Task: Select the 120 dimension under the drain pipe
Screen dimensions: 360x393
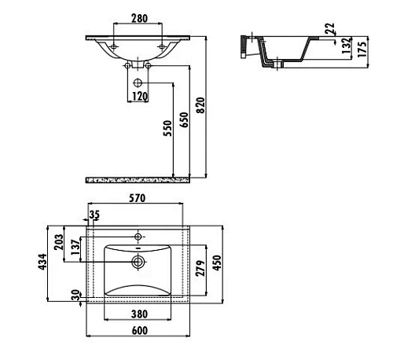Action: coord(139,96)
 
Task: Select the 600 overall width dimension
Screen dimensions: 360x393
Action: coord(138,331)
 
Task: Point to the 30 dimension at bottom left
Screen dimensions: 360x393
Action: coord(75,296)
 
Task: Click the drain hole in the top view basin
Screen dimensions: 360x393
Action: coord(138,261)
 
